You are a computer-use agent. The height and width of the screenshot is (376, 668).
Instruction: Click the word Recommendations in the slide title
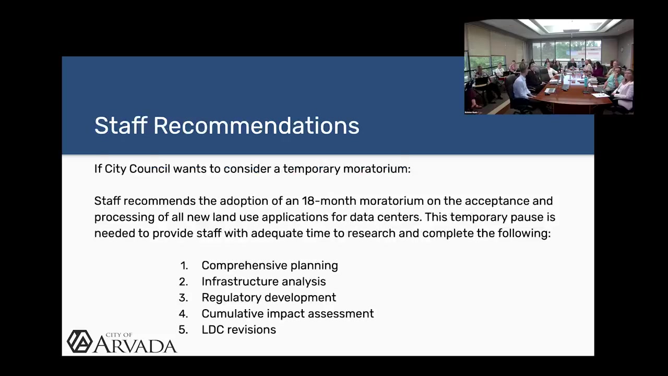point(256,126)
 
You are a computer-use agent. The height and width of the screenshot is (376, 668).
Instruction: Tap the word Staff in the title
point(121,125)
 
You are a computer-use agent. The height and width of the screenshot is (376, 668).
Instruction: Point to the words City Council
point(137,169)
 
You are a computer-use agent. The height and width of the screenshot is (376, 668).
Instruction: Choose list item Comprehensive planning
point(270,266)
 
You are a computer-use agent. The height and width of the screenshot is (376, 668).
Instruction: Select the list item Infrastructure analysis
point(264,281)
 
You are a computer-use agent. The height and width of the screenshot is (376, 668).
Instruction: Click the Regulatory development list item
point(269,298)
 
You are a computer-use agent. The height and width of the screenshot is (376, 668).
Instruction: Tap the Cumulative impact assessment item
point(288,314)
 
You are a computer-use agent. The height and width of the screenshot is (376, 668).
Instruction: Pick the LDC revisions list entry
point(238,330)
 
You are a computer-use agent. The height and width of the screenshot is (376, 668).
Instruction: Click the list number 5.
point(183,330)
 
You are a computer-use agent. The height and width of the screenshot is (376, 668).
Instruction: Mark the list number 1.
point(184,266)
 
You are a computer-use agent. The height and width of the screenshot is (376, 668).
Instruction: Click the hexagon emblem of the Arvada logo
point(80,342)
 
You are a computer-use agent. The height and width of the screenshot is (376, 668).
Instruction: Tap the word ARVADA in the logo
point(135,345)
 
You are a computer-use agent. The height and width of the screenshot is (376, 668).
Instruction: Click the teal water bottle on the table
point(586,82)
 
